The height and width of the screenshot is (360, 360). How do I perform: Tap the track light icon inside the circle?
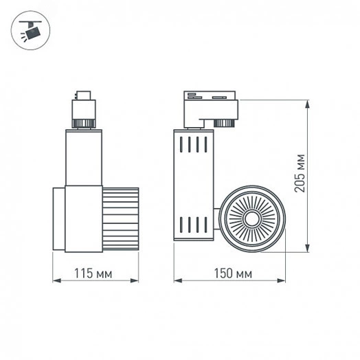pyautogui.click(x=30, y=31)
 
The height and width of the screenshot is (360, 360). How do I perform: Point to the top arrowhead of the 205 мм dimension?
pyautogui.click(x=307, y=103)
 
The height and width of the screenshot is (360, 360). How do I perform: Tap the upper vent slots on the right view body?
pyautogui.click(x=192, y=146)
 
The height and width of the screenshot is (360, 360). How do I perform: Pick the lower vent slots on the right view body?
pyautogui.click(x=192, y=225)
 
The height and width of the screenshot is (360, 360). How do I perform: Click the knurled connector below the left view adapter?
pyautogui.click(x=83, y=124)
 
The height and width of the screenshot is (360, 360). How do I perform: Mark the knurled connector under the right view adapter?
pyautogui.click(x=223, y=123)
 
